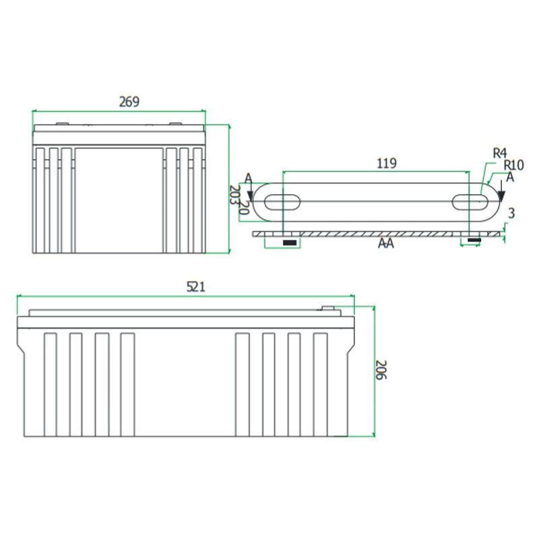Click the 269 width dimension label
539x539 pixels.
pyautogui.click(x=129, y=102)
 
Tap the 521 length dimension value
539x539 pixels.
pyautogui.click(x=195, y=287)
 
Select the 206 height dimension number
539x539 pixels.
pyautogui.click(x=381, y=370)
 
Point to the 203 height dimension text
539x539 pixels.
pyautogui.click(x=234, y=195)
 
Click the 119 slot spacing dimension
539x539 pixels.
pyautogui.click(x=387, y=163)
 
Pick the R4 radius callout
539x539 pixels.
pyautogui.click(x=500, y=153)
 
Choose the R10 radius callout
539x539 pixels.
pyautogui.click(x=513, y=165)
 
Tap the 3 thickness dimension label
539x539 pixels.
pyautogui.click(x=511, y=213)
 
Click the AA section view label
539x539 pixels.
pyautogui.click(x=385, y=243)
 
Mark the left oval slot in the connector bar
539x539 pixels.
pyautogui.click(x=282, y=202)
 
